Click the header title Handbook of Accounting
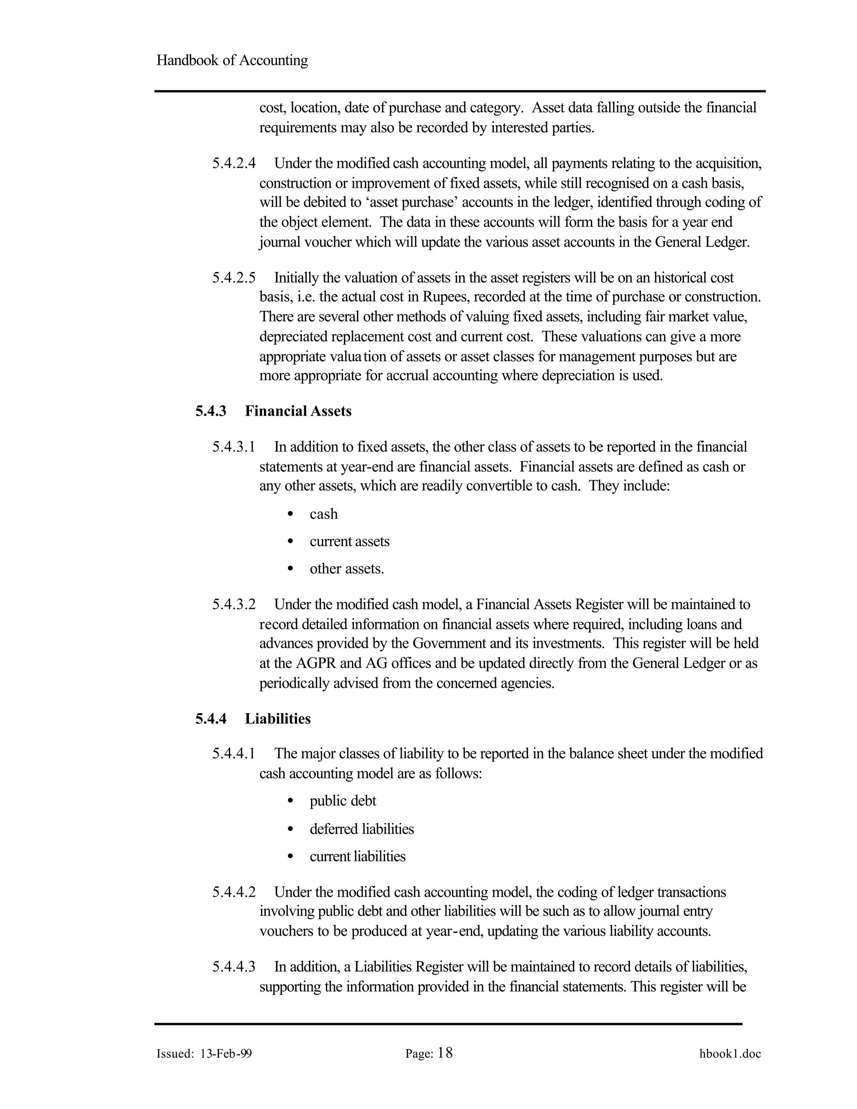[232, 60]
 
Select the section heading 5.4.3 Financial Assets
[273, 411]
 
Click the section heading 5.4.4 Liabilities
[253, 719]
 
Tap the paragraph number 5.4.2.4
[234, 164]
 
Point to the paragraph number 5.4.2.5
[234, 278]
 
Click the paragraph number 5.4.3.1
[233, 447]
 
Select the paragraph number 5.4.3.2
[234, 604]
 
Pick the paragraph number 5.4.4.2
[234, 892]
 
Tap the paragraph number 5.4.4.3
[234, 966]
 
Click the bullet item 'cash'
[323, 514]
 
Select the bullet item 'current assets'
[349, 541]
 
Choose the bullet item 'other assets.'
[347, 569]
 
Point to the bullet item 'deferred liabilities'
[362, 829]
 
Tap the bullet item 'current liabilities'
[357, 856]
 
